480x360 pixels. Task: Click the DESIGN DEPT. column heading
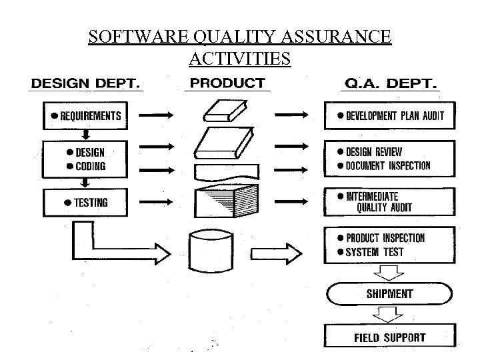(x=85, y=85)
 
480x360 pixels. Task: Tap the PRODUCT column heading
(x=227, y=83)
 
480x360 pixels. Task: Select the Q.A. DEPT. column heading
(x=390, y=85)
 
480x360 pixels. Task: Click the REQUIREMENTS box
(x=85, y=115)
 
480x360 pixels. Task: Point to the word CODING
(x=90, y=167)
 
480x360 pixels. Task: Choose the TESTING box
(x=85, y=203)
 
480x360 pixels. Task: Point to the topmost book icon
(x=225, y=111)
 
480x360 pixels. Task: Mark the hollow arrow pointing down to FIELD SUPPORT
(x=390, y=315)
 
